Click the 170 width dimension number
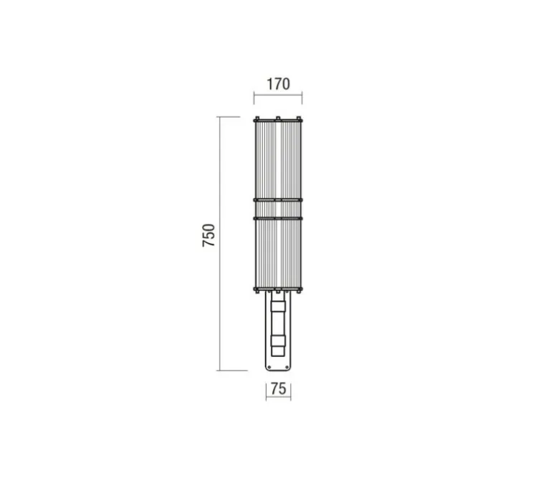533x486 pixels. click(278, 84)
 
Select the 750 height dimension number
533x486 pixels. click(208, 235)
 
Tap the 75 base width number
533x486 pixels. click(279, 389)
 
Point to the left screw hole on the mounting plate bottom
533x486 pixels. click(269, 367)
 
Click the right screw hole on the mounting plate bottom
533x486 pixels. click(287, 367)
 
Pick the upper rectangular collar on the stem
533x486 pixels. click(278, 306)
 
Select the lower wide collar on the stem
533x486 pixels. click(278, 341)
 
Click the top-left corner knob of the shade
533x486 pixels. click(256, 119)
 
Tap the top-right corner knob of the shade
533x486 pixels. click(299, 119)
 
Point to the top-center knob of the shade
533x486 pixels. click(278, 119)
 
